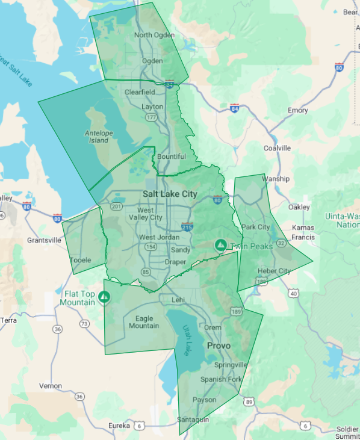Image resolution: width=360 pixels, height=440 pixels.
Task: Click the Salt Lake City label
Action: [170, 194]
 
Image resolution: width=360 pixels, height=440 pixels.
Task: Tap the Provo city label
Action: [219, 346]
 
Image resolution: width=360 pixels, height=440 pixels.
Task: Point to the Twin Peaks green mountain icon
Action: [220, 245]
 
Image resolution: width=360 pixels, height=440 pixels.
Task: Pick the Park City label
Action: [256, 227]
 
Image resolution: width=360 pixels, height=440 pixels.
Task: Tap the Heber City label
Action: [274, 271]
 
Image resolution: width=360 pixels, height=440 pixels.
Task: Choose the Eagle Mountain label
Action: [144, 322]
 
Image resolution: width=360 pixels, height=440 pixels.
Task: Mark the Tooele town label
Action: [80, 260]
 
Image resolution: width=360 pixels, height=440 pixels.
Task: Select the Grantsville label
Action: [44, 240]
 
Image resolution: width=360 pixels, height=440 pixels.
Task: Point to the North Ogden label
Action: [155, 35]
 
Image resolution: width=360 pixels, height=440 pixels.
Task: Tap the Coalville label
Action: [277, 148]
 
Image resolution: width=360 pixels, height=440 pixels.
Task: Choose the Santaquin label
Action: [193, 420]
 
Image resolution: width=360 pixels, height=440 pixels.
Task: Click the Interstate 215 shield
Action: [187, 226]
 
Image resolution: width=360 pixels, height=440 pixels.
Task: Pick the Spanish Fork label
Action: [221, 379]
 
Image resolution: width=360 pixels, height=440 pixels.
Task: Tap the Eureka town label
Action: [119, 426]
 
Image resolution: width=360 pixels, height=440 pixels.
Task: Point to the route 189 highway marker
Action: [236, 311]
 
